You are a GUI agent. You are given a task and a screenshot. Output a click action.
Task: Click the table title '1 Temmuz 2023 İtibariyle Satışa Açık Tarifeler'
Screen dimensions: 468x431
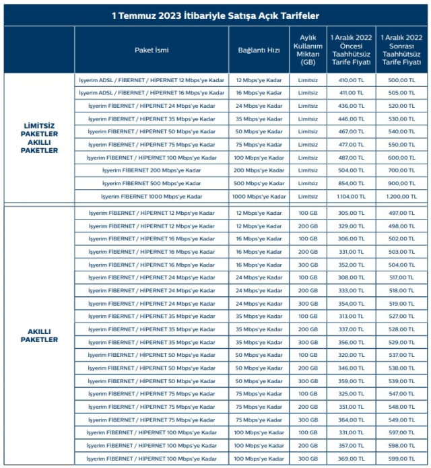pyautogui.click(x=215, y=15)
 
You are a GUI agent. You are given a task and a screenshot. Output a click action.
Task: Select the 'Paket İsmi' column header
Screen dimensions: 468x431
pyautogui.click(x=152, y=50)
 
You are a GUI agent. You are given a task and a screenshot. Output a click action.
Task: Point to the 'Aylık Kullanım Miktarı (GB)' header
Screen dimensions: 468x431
pyautogui.click(x=308, y=50)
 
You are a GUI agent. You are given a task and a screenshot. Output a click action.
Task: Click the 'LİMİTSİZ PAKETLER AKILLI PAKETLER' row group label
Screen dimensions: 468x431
pyautogui.click(x=38, y=137)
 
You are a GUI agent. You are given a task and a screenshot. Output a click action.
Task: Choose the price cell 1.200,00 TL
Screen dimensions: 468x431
pyautogui.click(x=403, y=197)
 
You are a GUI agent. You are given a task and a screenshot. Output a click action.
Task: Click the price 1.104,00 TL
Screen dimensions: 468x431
pyautogui.click(x=352, y=197)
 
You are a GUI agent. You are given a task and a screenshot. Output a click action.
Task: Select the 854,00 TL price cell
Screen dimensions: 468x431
pyautogui.click(x=352, y=183)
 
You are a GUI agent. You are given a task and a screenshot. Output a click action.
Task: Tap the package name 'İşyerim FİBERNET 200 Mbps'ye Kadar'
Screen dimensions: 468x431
pyautogui.click(x=152, y=170)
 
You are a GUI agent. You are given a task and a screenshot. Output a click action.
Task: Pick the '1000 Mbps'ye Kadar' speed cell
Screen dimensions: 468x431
pyautogui.click(x=259, y=197)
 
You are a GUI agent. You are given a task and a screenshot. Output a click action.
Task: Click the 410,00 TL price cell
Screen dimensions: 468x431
pyautogui.click(x=352, y=79)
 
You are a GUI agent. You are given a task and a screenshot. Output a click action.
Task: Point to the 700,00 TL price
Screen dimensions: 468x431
pyautogui.click(x=403, y=170)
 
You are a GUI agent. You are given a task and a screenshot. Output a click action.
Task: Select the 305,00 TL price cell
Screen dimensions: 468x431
pyautogui.click(x=352, y=213)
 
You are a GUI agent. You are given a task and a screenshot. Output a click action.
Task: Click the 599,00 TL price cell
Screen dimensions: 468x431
pyautogui.click(x=403, y=458)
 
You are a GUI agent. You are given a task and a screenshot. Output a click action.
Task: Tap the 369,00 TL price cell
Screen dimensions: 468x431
pyautogui.click(x=352, y=458)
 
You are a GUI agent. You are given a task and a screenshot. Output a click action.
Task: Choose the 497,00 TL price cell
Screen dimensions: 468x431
pyautogui.click(x=403, y=213)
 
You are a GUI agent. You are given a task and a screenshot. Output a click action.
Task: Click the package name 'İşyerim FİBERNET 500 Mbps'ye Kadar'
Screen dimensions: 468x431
pyautogui.click(x=152, y=183)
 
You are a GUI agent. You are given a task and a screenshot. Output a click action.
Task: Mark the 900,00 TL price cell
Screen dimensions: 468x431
pyautogui.click(x=403, y=183)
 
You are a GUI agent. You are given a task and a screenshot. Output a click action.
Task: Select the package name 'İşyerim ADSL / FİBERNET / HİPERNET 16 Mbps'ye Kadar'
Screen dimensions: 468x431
pyautogui.click(x=152, y=93)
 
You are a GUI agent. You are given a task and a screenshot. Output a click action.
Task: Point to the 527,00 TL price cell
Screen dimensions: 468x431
pyautogui.click(x=403, y=316)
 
